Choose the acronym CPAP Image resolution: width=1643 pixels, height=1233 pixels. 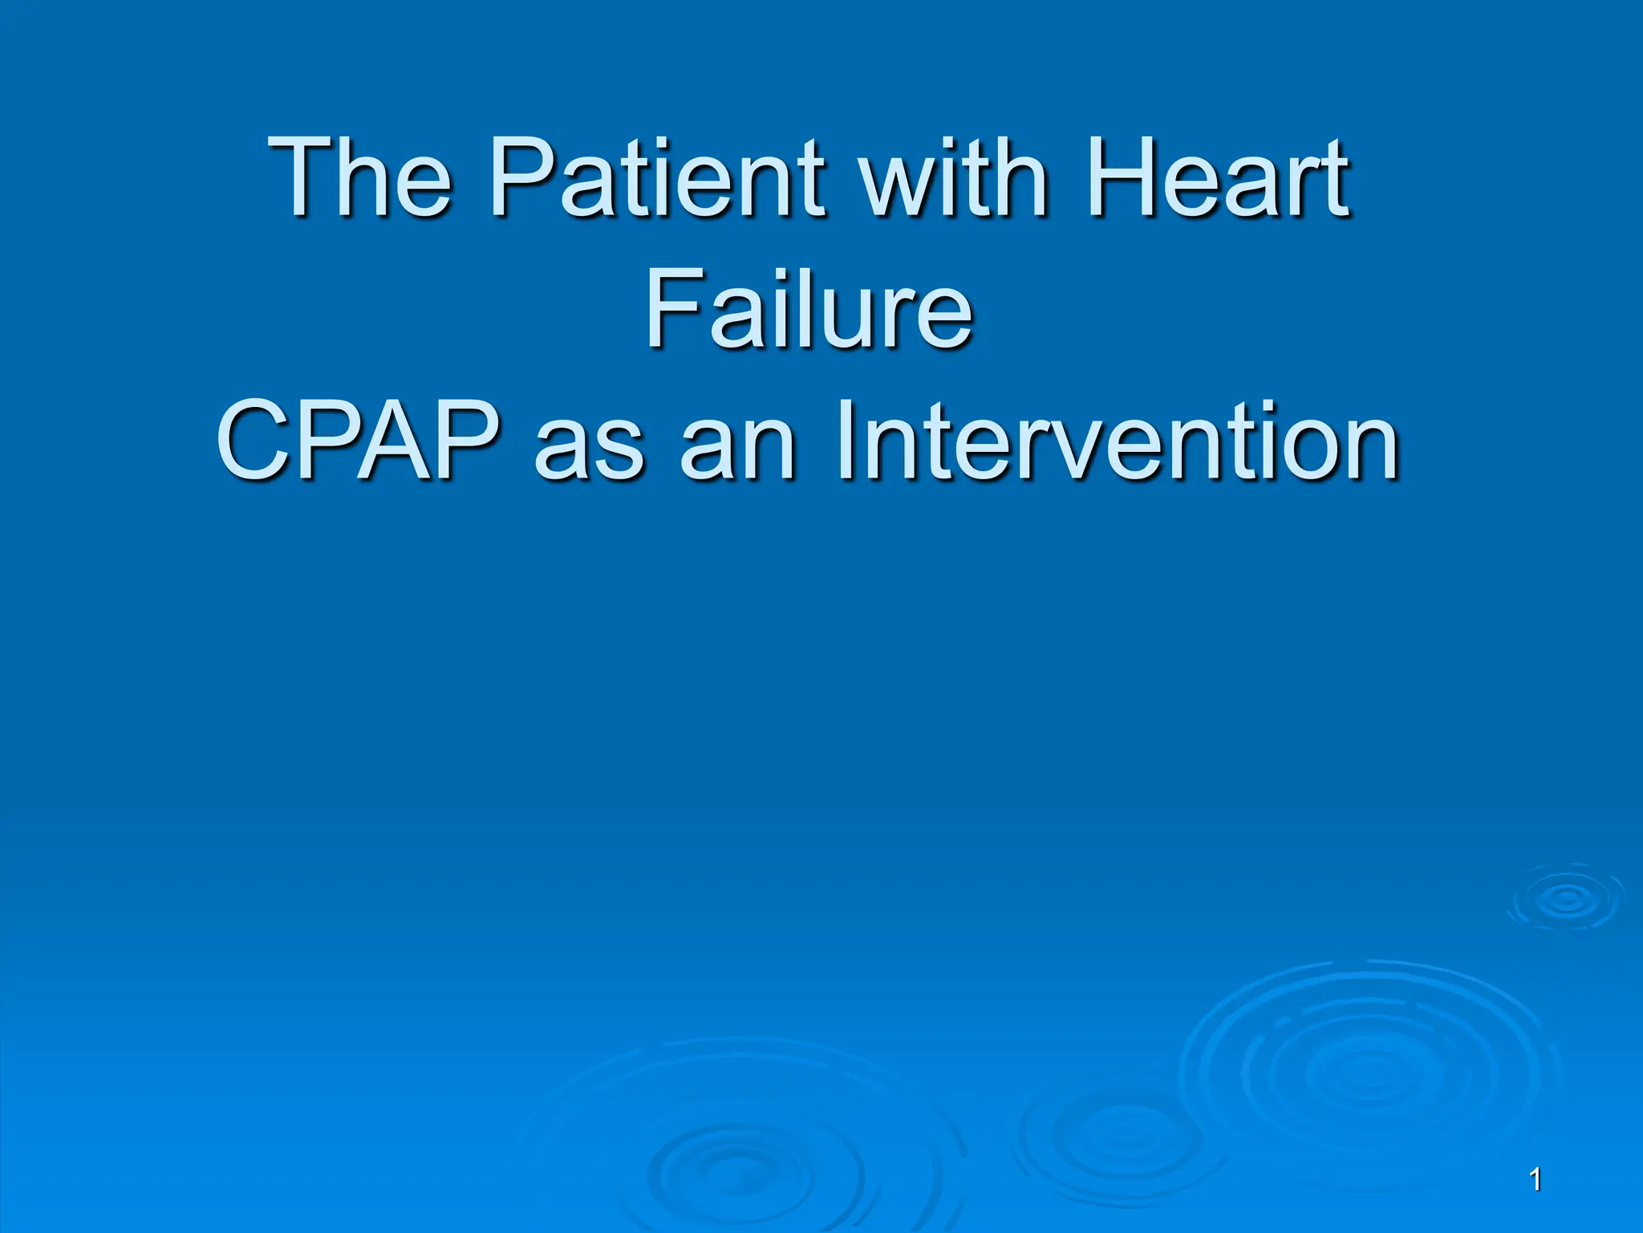point(357,442)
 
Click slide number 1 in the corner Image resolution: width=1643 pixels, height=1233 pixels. point(1535,1180)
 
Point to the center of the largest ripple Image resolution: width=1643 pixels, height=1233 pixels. point(1364,1074)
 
